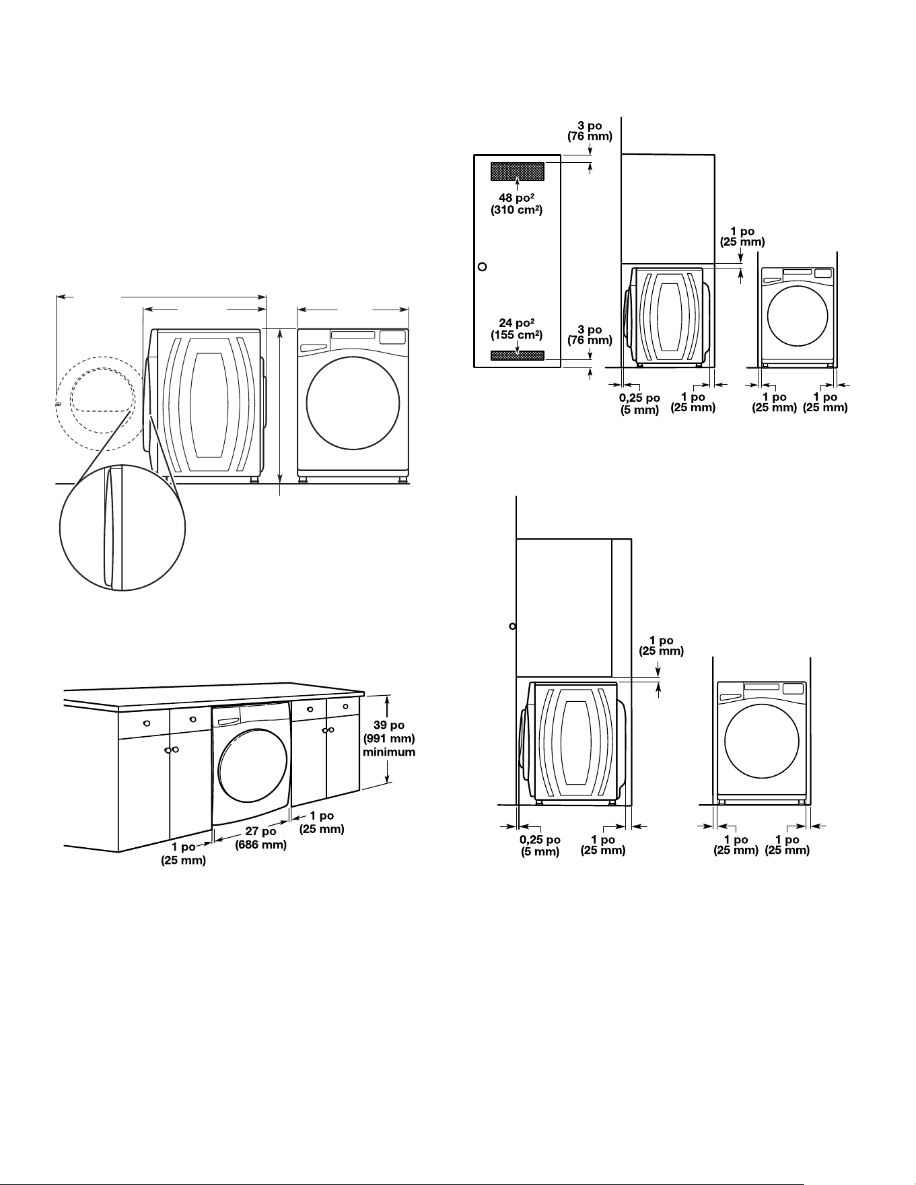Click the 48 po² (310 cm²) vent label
[x=517, y=203]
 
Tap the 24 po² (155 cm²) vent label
[x=517, y=328]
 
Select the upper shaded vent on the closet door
[x=517, y=171]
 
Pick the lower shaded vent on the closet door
[x=517, y=355]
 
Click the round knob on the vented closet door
[x=482, y=266]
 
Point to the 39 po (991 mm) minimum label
[x=389, y=738]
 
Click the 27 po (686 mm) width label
[x=261, y=838]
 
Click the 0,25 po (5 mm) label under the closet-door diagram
[x=639, y=404]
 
